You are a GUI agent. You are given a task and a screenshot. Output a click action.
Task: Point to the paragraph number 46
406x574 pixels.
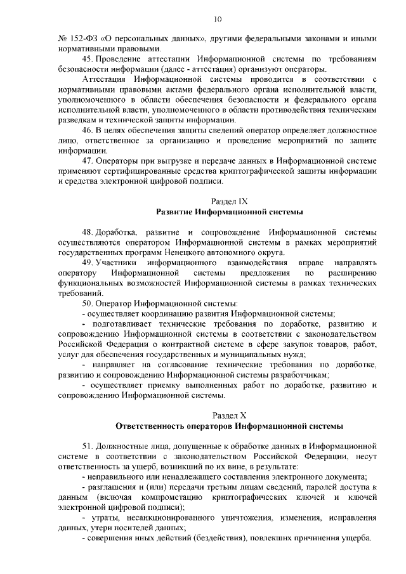click(x=88, y=129)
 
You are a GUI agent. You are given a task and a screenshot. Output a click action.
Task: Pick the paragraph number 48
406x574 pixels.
click(x=88, y=232)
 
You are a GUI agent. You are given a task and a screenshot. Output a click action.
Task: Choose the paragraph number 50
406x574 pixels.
click(x=88, y=303)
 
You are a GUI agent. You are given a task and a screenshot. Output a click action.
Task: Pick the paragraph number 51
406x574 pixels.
click(x=88, y=446)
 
